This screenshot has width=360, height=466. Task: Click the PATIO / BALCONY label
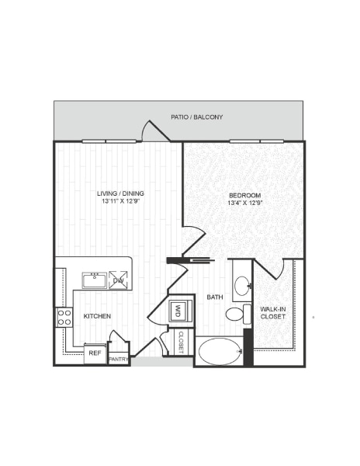tap(197, 117)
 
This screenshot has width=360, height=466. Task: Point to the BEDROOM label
tap(244, 194)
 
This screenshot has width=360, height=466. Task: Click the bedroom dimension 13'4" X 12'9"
tap(244, 203)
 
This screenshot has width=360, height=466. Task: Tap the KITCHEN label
tap(98, 317)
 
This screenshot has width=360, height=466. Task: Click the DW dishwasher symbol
tap(119, 280)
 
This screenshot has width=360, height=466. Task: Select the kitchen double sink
tap(95, 280)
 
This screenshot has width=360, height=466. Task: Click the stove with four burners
tap(64, 317)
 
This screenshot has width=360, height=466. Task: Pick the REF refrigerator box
tap(95, 353)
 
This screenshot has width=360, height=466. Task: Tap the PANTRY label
tap(118, 360)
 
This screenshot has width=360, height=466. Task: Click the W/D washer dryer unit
tap(178, 311)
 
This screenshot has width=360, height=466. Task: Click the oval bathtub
tap(219, 351)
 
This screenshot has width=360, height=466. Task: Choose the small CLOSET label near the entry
tap(181, 342)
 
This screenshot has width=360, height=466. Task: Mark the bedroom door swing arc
tap(194, 237)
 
